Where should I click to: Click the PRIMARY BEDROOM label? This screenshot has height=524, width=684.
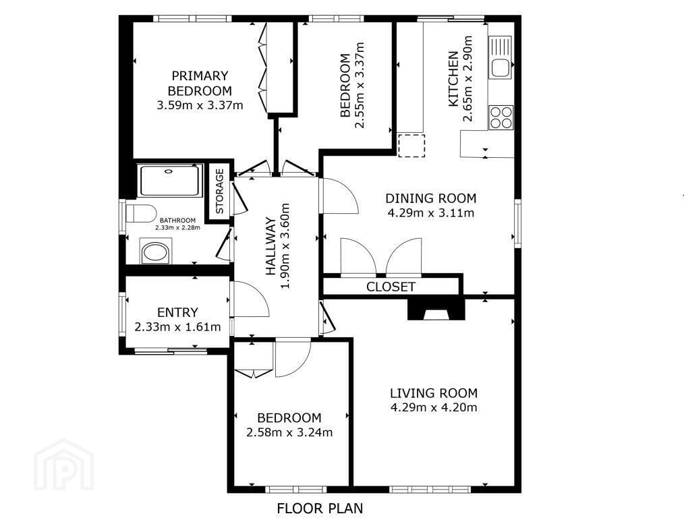pos(200,83)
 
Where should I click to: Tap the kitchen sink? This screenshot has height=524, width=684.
pos(501,57)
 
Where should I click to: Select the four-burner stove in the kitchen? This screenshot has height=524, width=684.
pos(501,117)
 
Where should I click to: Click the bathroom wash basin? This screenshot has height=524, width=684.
pos(155,252)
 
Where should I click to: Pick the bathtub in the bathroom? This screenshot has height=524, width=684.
pos(170,181)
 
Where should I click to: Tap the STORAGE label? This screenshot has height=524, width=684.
pos(219,192)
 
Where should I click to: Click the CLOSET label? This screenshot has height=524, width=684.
pos(391,287)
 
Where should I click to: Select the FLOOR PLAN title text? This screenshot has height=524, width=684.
pos(320,508)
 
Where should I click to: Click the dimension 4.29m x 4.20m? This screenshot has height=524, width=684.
pos(434,407)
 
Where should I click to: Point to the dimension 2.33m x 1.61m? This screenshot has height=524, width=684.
pos(177,327)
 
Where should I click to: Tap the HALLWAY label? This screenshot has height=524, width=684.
pos(271,247)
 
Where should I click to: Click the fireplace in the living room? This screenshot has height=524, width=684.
pos(436,309)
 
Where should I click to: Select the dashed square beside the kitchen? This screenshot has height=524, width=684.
pos(411,146)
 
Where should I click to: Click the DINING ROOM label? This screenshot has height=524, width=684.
pos(430,198)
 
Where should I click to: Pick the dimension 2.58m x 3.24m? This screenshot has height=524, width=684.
pos(289,432)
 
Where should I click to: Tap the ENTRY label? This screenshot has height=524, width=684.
pos(177,312)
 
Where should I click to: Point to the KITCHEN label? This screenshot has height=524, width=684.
pos(454,79)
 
